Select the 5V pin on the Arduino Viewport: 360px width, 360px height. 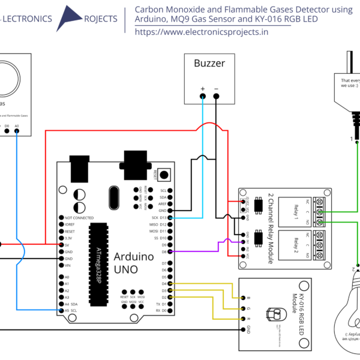click(61, 245)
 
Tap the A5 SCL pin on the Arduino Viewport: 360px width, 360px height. click(61, 310)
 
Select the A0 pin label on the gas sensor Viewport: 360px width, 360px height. click(16, 126)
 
